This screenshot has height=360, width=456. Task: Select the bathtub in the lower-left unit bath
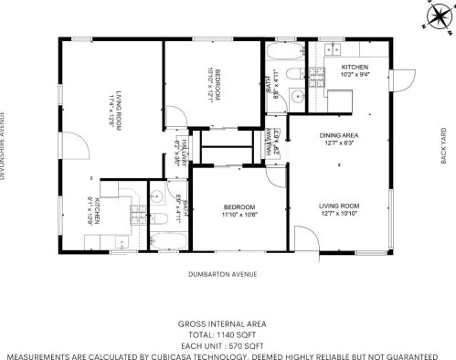168,240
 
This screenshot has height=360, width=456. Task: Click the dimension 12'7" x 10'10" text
338,216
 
